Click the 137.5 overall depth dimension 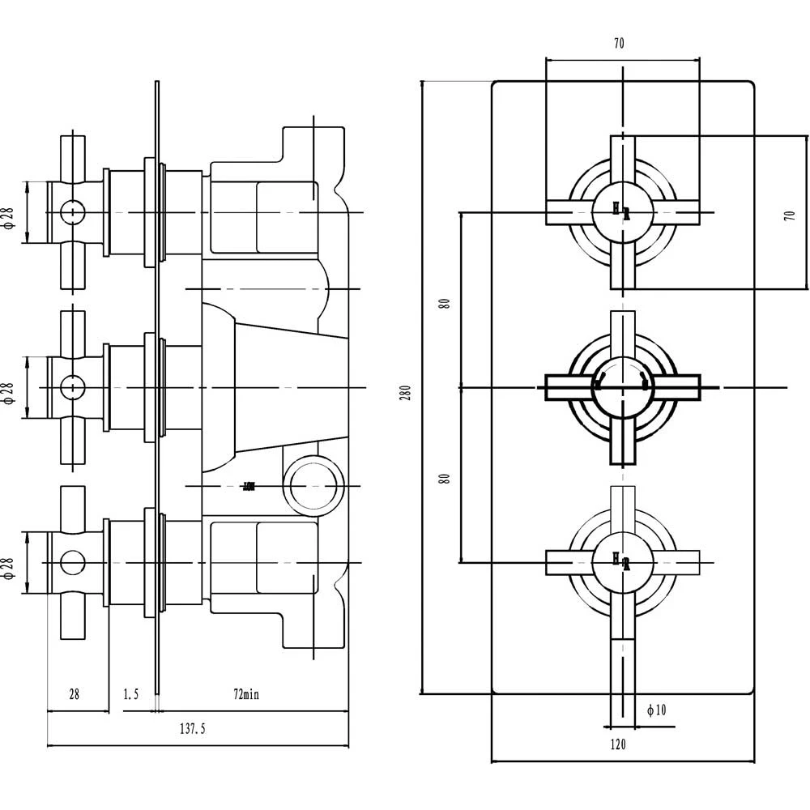[192, 729]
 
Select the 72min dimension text [246, 694]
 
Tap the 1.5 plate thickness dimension [130, 694]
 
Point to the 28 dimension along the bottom [74, 694]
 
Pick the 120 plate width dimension [618, 744]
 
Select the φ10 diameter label [656, 710]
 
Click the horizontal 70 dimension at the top [619, 45]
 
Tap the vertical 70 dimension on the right [790, 215]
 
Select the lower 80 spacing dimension [444, 478]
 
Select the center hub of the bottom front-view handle [622, 561]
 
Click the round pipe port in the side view [313, 484]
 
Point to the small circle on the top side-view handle [73, 212]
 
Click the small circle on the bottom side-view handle [73, 561]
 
